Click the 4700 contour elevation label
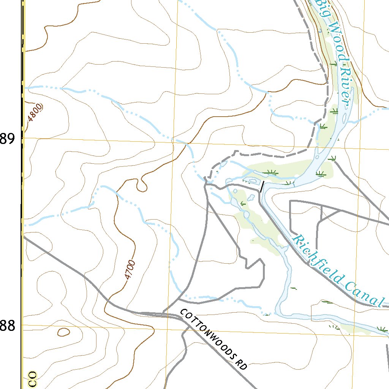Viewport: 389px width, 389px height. [130, 270]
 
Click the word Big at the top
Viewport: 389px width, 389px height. [321, 5]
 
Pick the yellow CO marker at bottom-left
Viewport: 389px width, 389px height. [33, 379]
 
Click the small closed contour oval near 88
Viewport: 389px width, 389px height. [63, 332]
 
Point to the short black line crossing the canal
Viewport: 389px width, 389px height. [262, 186]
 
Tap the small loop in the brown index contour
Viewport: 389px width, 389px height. [142, 185]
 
